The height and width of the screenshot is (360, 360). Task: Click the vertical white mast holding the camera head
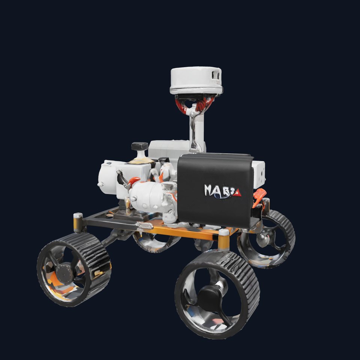pos(196,127)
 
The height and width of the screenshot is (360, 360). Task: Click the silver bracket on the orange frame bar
pos(144,226)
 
